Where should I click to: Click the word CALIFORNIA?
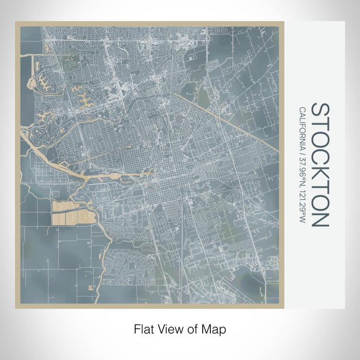coord(302,127)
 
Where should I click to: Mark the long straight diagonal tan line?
coord(226,122)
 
